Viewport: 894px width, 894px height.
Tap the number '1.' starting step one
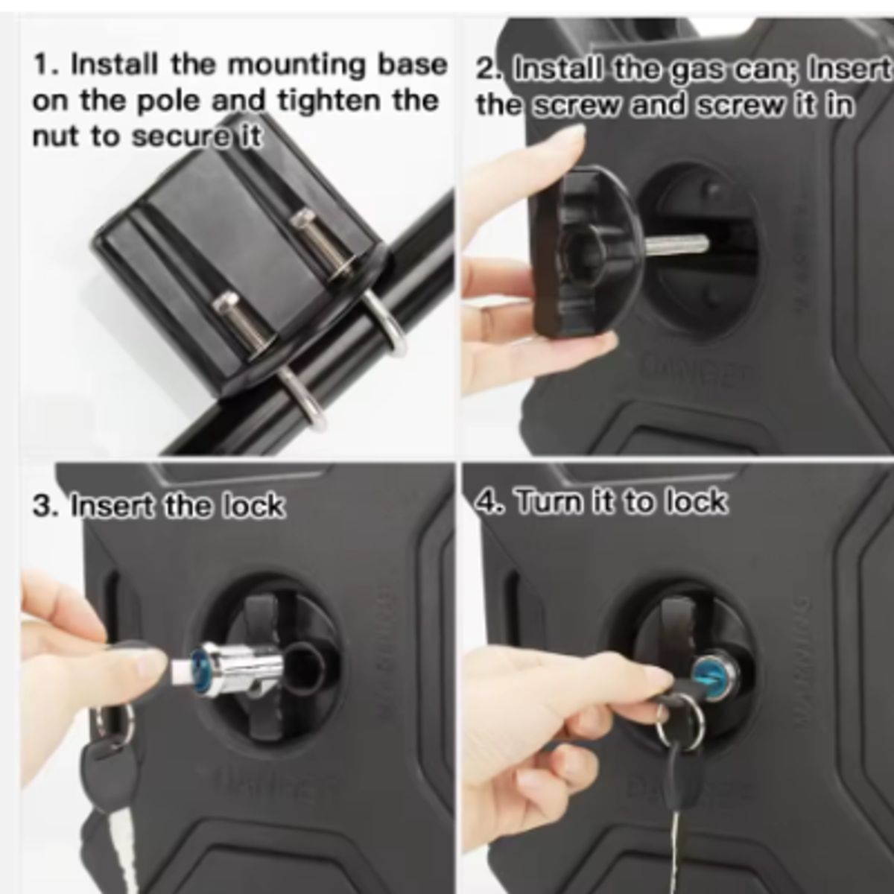46,66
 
